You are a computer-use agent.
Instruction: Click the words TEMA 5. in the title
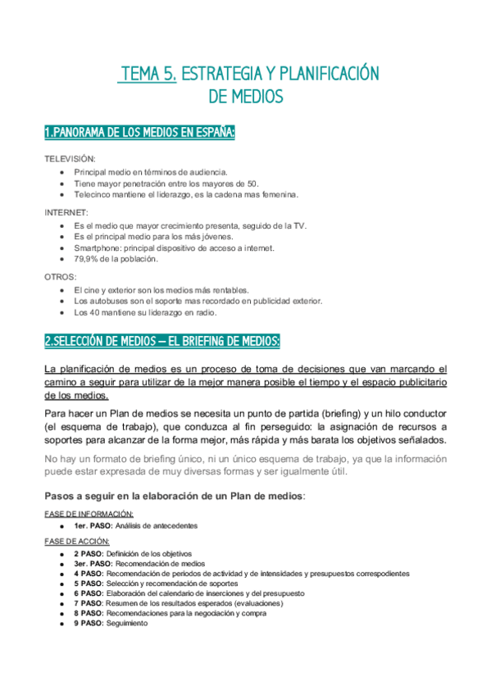pyautogui.click(x=148, y=74)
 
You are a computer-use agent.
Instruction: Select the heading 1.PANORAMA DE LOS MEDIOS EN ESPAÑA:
pyautogui.click(x=139, y=132)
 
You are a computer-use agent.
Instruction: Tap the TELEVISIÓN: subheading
pyautogui.click(x=70, y=158)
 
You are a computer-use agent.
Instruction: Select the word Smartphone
pyautogui.click(x=97, y=248)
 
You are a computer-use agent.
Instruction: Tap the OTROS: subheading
pyautogui.click(x=60, y=277)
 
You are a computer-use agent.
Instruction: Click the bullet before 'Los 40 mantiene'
pyautogui.click(x=62, y=312)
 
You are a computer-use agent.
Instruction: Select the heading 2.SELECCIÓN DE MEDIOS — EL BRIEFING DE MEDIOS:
pyautogui.click(x=162, y=340)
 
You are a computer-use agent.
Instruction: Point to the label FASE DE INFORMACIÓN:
pyautogui.click(x=89, y=513)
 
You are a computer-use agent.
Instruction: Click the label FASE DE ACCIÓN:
pyautogui.click(x=79, y=542)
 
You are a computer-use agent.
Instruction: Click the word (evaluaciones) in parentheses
pyautogui.click(x=258, y=603)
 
